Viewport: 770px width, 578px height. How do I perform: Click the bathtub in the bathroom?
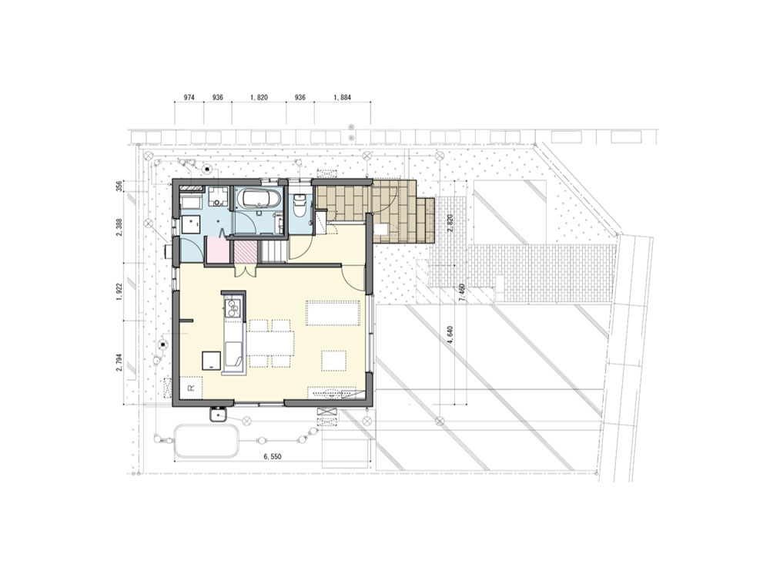click(259, 200)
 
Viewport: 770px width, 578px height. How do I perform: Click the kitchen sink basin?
click(234, 355)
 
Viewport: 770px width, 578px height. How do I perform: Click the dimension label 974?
click(189, 98)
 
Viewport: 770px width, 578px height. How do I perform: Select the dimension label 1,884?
click(343, 98)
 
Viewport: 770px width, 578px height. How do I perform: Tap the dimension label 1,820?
click(259, 98)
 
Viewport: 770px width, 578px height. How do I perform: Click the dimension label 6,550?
click(273, 456)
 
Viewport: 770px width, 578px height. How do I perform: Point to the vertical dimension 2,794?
click(119, 363)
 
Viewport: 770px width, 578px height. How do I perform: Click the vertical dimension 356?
click(119, 187)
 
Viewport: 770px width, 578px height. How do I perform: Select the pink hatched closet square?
click(244, 252)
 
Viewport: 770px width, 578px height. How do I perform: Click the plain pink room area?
click(217, 250)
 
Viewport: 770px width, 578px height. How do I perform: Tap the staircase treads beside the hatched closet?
click(273, 252)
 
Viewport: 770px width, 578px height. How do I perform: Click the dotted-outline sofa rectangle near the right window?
click(333, 313)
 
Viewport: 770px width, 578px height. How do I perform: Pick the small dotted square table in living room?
click(334, 360)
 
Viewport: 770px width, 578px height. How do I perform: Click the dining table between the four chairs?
click(270, 343)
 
